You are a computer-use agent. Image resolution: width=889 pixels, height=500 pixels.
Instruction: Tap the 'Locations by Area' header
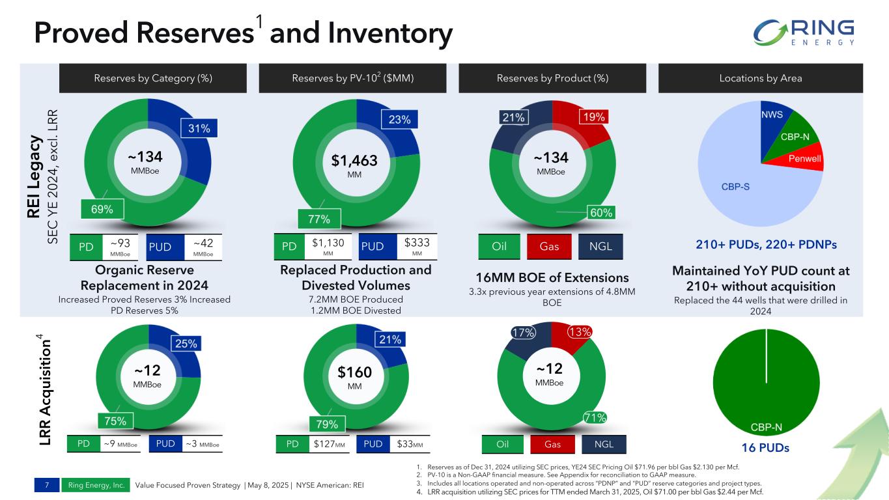point(760,78)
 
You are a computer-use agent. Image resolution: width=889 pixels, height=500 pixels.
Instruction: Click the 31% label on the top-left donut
point(199,128)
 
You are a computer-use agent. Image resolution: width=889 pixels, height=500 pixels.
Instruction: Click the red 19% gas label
point(595,117)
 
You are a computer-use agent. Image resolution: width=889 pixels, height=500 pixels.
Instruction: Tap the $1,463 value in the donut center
point(354,160)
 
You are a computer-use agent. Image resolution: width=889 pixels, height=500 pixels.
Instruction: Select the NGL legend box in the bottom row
point(600,445)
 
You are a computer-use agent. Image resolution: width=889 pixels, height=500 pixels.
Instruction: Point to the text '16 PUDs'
point(766,448)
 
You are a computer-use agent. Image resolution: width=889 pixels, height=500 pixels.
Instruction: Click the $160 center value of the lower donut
point(354,372)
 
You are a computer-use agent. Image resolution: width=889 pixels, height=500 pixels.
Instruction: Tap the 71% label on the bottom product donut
point(594,417)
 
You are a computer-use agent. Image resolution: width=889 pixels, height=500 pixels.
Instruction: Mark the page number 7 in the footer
point(47,485)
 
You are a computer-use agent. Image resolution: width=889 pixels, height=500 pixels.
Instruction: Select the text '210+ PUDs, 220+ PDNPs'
point(767,245)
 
